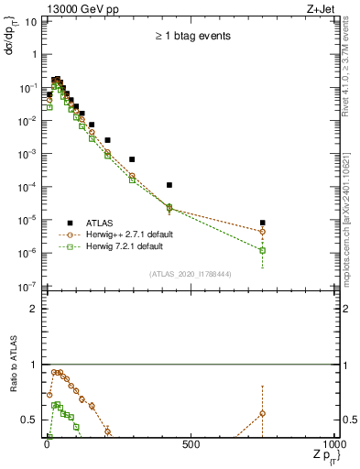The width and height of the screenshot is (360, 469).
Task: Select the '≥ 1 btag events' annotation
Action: pos(191,37)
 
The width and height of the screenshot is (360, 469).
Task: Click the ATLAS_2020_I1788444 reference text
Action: pos(190,273)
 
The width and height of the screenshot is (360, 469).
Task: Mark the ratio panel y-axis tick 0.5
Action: pos(28,420)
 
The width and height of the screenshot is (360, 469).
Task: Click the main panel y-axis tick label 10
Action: pos(30,21)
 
